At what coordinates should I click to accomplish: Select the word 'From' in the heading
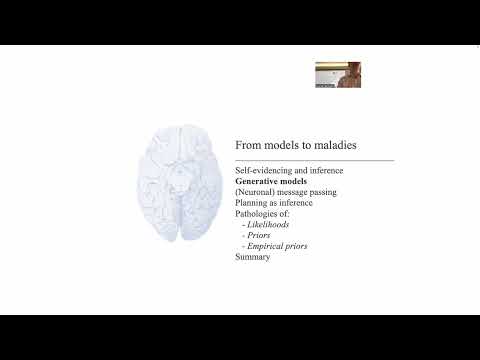pos(248,145)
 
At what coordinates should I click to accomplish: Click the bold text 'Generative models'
pos(271,181)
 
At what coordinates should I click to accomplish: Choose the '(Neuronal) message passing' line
pos(285,192)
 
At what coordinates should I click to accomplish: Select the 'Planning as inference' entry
pos(273,203)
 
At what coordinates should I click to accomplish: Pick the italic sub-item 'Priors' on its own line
pos(260,235)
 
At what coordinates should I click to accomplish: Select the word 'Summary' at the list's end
pos(252,257)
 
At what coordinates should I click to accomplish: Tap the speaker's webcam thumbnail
pos(338,76)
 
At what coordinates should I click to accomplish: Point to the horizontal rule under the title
pos(314,159)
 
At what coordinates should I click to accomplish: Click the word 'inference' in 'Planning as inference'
pos(295,203)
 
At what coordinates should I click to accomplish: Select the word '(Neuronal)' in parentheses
pos(254,192)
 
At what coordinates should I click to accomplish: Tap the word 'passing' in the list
pos(323,192)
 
